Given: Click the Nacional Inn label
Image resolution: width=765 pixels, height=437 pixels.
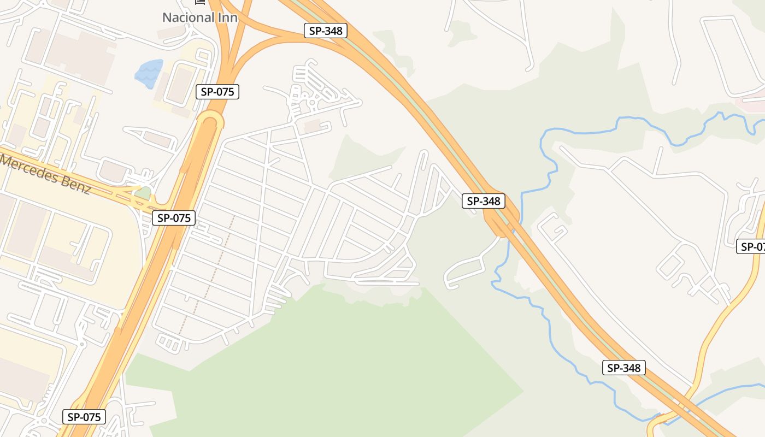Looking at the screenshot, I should tap(199, 17).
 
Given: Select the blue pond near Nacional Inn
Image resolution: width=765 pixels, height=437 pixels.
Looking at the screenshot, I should tap(149, 74).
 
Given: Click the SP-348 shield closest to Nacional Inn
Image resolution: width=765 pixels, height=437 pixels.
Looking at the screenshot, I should tap(326, 31).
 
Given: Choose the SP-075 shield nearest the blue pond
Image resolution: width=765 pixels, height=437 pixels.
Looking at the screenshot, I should tap(217, 92).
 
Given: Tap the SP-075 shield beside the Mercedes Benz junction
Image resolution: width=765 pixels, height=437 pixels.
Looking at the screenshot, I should tap(173, 218).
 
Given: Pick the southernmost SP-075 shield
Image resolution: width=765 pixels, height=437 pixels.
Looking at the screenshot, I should tap(84, 417).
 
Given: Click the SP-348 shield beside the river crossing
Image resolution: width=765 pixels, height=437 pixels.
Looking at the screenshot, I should tap(484, 201).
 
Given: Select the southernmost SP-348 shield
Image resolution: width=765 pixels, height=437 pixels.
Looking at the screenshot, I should tap(624, 368).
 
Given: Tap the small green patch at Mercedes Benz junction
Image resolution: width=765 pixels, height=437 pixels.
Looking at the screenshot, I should tap(143, 193).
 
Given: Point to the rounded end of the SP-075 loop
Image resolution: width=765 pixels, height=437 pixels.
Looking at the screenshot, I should tap(210, 116).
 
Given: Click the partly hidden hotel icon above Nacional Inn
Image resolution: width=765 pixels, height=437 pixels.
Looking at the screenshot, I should tap(200, 2).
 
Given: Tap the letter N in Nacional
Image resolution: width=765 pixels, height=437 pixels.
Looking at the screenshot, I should tap(167, 17).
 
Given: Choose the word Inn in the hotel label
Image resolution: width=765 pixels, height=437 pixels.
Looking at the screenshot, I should tap(228, 17).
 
